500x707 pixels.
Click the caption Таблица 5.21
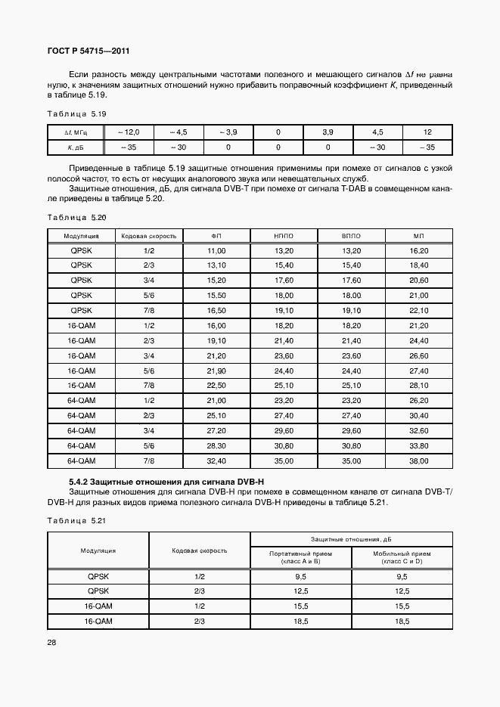click(x=77, y=521)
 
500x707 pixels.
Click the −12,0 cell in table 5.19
click(x=128, y=132)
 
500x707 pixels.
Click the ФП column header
click(x=216, y=236)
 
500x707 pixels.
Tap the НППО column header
click(x=284, y=236)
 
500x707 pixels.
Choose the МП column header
click(x=418, y=236)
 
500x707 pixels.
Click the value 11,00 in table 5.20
click(x=216, y=250)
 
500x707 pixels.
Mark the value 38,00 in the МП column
click(x=418, y=460)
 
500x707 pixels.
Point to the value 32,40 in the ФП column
click(x=216, y=460)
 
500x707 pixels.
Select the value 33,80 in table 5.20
click(x=418, y=445)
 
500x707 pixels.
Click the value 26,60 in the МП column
click(x=418, y=355)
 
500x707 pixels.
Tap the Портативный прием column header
click(x=300, y=557)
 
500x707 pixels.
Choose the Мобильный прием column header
click(x=402, y=557)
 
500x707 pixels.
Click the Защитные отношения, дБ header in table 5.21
click(x=350, y=538)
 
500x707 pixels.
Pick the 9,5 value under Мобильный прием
click(x=402, y=576)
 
